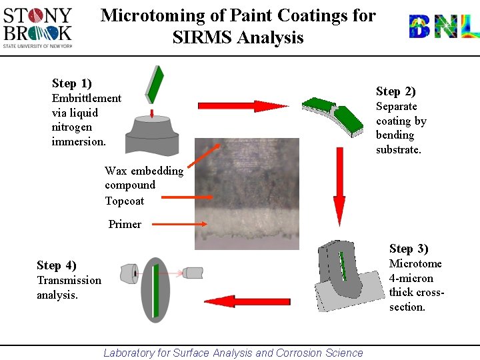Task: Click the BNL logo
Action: pyautogui.click(x=443, y=26)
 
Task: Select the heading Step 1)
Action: pyautogui.click(x=71, y=83)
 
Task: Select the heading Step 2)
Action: pyautogui.click(x=395, y=91)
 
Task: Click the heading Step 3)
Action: pyautogui.click(x=409, y=249)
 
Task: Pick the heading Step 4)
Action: pyautogui.click(x=57, y=265)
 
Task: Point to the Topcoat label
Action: pyautogui.click(x=124, y=201)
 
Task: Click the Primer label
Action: pyautogui.click(x=125, y=224)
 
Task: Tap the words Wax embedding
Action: pyautogui.click(x=143, y=171)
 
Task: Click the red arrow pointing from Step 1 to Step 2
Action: pyautogui.click(x=243, y=106)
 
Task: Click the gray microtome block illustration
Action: pyautogui.click(x=340, y=277)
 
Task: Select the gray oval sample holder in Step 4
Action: pyautogui.click(x=155, y=290)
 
